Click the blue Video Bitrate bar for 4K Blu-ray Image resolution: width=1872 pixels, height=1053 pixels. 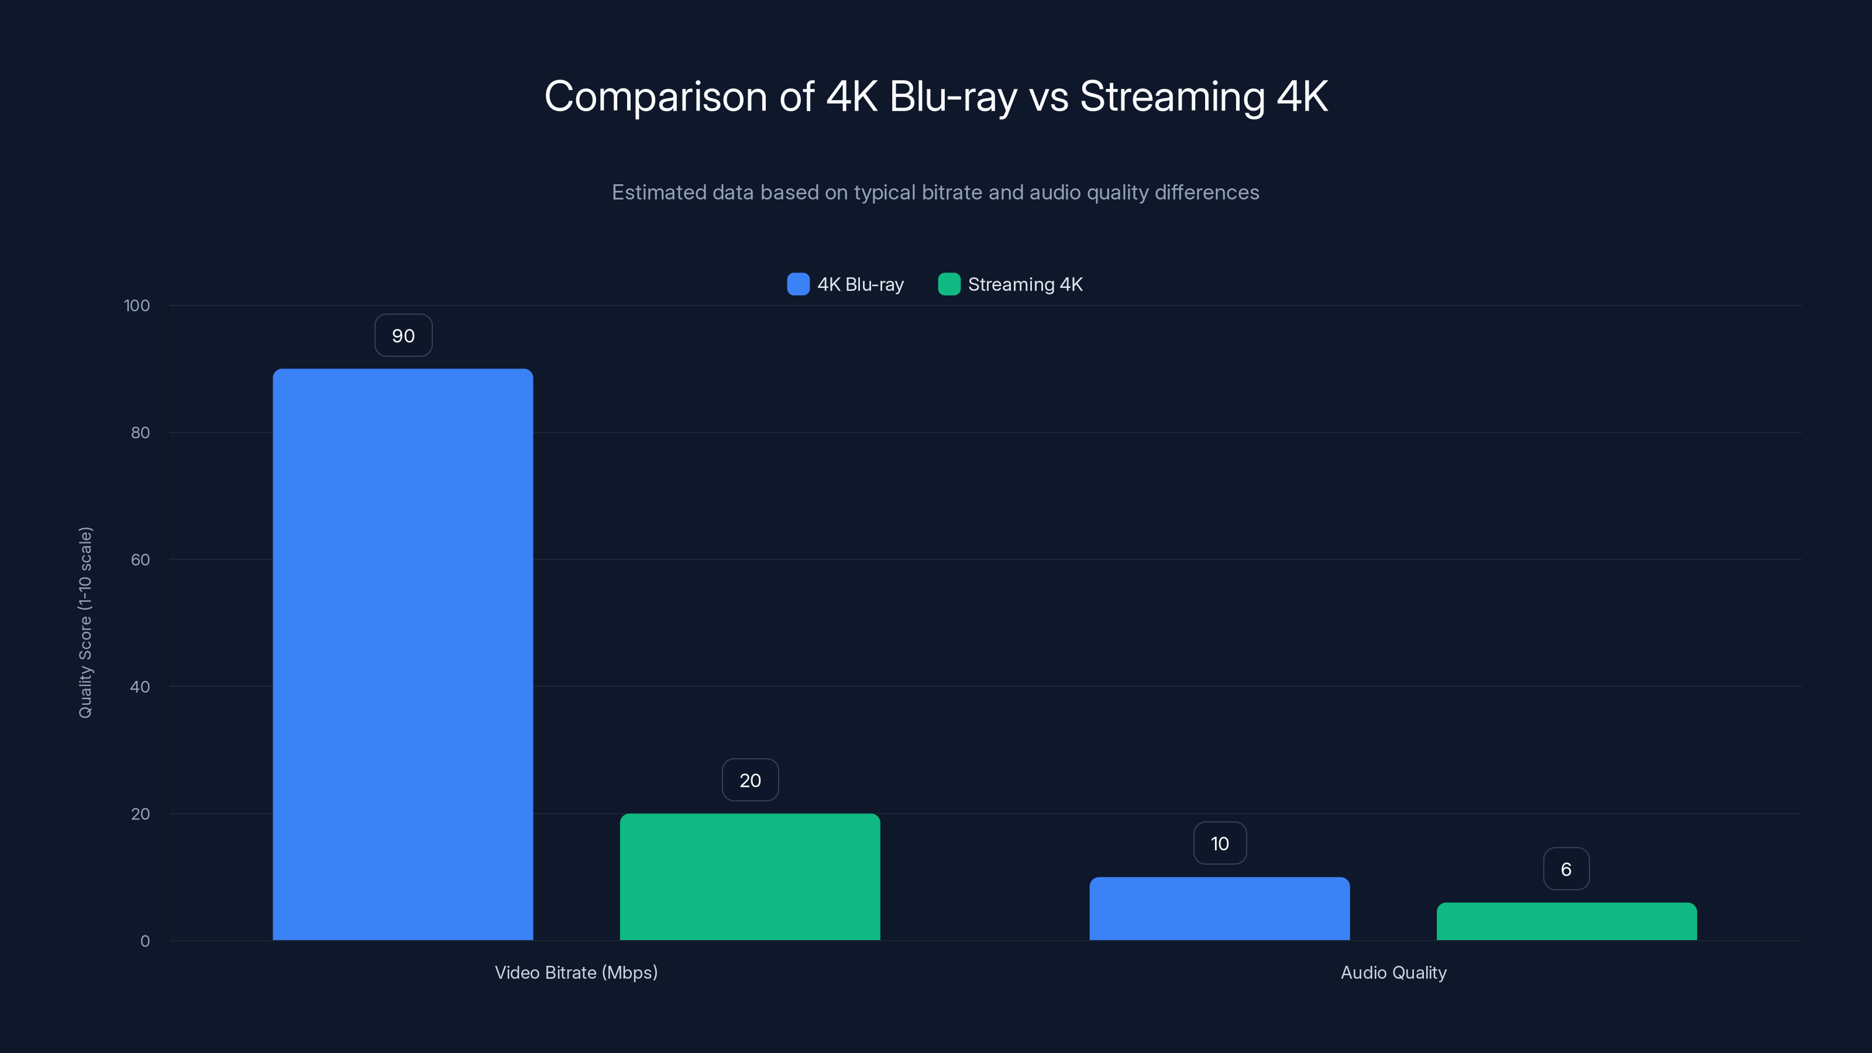click(x=402, y=654)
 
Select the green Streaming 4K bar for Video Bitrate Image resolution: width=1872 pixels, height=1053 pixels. click(x=749, y=876)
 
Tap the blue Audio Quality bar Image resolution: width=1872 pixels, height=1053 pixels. click(x=1219, y=909)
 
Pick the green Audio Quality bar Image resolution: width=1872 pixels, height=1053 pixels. click(x=1566, y=921)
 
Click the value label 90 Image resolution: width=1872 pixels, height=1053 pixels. click(x=403, y=336)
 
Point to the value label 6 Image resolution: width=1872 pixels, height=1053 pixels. click(x=1566, y=869)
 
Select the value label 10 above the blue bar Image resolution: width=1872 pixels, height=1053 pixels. click(x=1219, y=844)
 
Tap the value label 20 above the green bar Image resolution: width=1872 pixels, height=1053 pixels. click(x=750, y=780)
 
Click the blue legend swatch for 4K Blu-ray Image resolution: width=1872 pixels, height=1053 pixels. click(x=798, y=284)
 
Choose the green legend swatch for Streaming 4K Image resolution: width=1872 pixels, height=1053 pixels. click(x=949, y=284)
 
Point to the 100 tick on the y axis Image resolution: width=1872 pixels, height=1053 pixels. click(x=137, y=306)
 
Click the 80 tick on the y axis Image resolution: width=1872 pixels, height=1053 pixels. click(x=140, y=433)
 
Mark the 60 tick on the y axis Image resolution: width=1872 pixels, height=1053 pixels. click(x=140, y=560)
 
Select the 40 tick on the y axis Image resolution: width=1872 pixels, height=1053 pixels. click(x=140, y=687)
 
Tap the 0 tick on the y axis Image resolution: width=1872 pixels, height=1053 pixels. click(x=144, y=941)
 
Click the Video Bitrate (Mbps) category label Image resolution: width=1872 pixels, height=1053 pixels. click(x=576, y=972)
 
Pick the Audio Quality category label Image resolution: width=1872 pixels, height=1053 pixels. click(x=1393, y=972)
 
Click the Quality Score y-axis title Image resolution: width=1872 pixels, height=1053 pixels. click(x=86, y=623)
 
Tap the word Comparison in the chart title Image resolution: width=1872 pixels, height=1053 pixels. click(x=655, y=97)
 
